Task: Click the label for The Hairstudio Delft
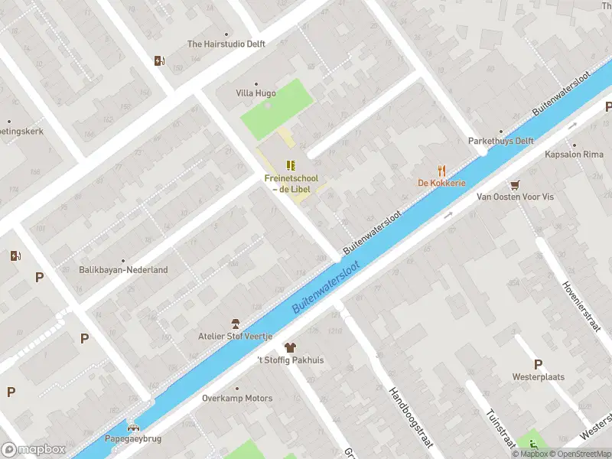226,44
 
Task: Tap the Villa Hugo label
256,93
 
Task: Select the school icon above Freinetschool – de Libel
291,164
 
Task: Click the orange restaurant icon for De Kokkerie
441,170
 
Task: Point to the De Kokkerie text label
441,183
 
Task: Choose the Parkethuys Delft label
500,142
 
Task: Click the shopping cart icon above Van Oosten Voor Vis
515,184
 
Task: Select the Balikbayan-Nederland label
123,270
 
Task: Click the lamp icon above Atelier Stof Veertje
236,324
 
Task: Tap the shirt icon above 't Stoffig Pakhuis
290,347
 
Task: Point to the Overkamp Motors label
236,399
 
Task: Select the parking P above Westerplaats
538,364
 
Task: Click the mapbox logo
33,449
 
